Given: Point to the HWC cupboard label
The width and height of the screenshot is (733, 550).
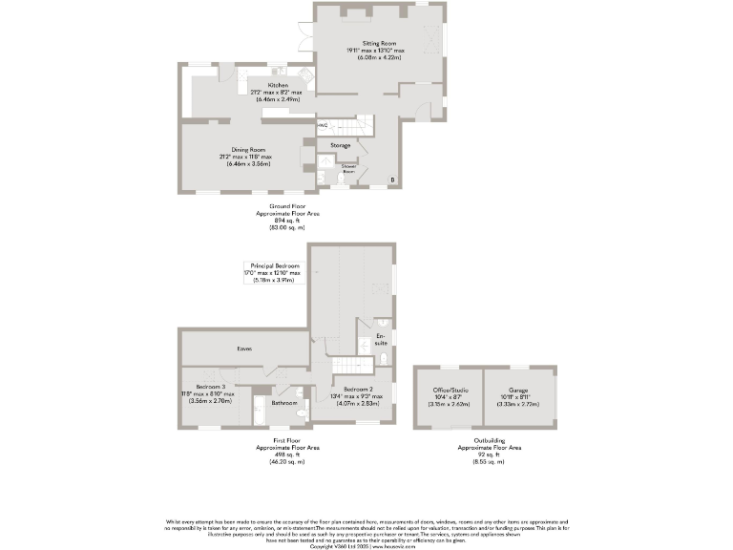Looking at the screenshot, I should click(322, 124).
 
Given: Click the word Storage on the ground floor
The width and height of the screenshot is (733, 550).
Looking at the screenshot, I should click(340, 145).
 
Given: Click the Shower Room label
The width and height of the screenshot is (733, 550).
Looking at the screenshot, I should click(348, 168).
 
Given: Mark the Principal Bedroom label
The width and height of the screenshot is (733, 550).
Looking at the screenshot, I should click(275, 265).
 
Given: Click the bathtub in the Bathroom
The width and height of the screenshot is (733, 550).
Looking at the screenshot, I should click(260, 413).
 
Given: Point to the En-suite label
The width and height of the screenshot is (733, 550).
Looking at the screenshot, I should click(381, 340).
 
